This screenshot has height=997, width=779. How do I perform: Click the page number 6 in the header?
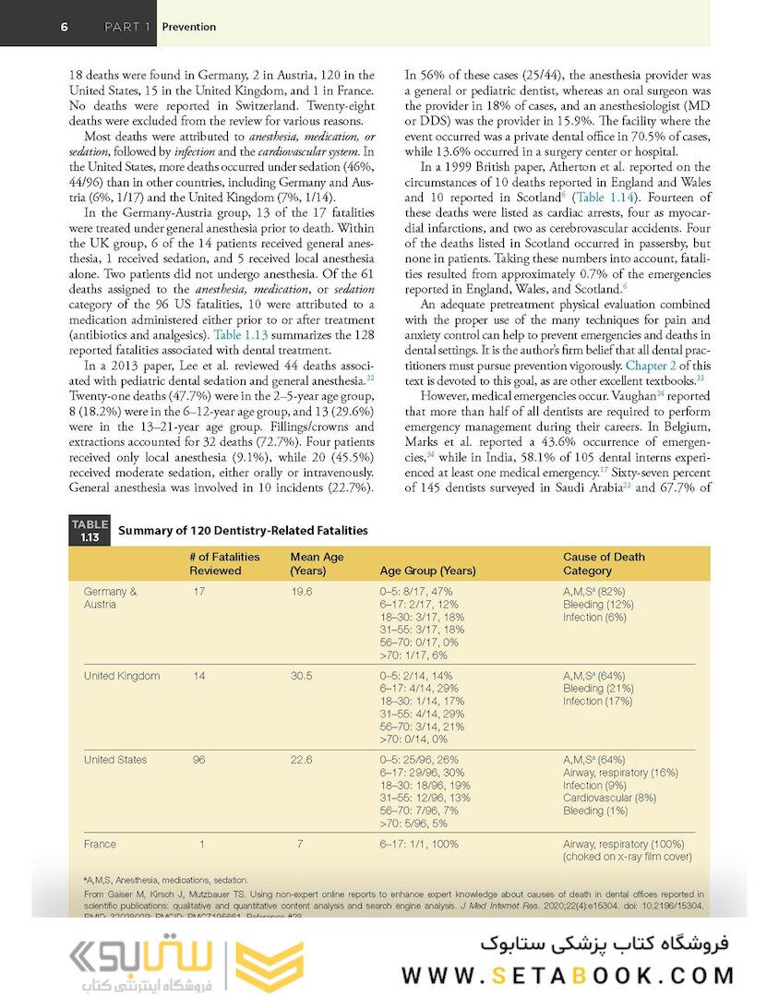[x=65, y=27]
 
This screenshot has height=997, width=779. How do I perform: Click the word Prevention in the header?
[x=189, y=27]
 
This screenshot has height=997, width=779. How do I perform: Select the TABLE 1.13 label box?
[x=90, y=530]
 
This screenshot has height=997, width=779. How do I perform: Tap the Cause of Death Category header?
[x=605, y=563]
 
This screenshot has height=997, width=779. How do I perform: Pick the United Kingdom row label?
[x=122, y=676]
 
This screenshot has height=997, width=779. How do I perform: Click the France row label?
[x=100, y=844]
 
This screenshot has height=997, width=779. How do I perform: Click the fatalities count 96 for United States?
[x=201, y=760]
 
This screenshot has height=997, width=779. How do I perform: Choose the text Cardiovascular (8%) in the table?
[x=609, y=798]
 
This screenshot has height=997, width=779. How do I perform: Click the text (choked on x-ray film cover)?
[x=627, y=857]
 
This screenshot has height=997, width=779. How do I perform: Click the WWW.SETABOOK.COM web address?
[x=568, y=975]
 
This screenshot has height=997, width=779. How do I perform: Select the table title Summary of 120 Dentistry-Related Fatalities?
[x=243, y=530]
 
